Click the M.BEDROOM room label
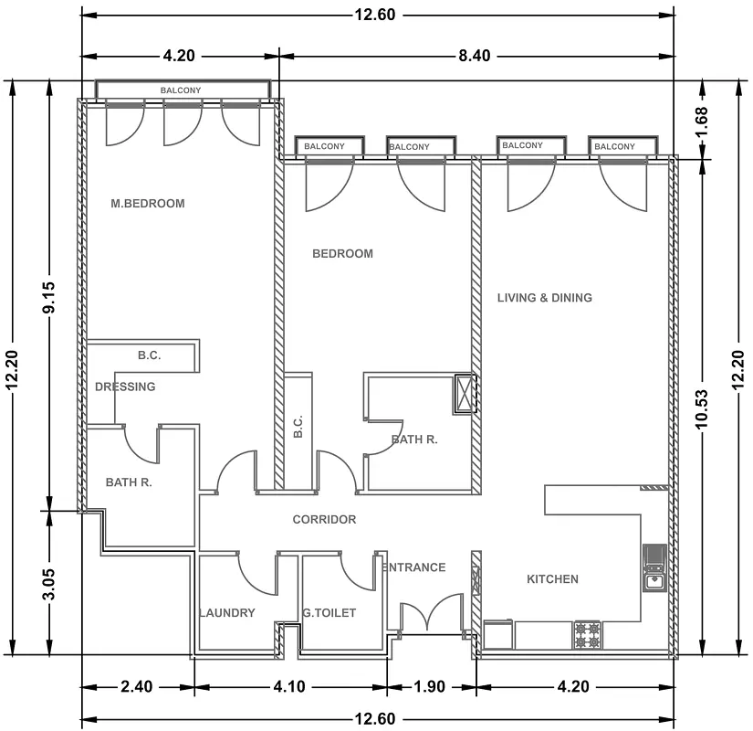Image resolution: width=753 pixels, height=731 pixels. point(148,204)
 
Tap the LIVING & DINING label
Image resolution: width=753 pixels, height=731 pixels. point(545,298)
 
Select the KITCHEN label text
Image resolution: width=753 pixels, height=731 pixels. point(552,579)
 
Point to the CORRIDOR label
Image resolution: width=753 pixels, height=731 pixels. point(324,519)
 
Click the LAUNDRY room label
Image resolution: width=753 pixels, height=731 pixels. point(227,613)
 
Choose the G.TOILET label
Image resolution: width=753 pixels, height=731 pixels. point(329,613)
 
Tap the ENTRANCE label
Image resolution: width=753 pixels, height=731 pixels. point(414,567)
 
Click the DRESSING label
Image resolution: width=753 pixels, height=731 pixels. point(125,387)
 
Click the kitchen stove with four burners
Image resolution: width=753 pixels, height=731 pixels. point(587,635)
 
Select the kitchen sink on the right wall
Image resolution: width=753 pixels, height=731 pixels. point(654,568)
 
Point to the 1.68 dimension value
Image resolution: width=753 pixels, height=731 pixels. point(701,122)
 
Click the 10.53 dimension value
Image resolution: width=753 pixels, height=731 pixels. point(701,408)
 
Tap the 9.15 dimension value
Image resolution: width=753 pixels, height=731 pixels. point(49,297)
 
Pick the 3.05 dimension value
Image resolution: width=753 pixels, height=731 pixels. point(49,584)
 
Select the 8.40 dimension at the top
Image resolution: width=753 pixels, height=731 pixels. point(475,56)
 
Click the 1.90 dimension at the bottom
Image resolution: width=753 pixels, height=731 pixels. point(429,687)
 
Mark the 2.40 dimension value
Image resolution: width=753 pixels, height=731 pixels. point(137,687)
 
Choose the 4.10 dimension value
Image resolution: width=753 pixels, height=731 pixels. point(289,687)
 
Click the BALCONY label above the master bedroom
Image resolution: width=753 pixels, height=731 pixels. point(181,90)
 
